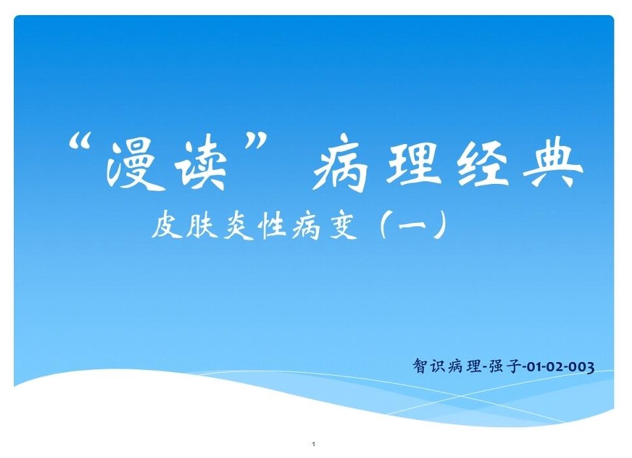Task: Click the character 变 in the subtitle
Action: click(343, 225)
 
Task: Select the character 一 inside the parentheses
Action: click(412, 223)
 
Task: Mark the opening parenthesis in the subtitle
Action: click(385, 225)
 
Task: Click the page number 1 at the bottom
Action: click(314, 444)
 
